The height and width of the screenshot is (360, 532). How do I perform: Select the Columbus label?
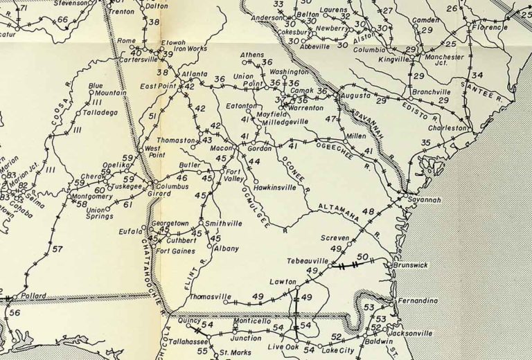pos(172,186)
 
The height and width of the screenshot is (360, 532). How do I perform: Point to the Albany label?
pos(226,249)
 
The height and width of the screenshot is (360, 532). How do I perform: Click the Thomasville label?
pos(210,297)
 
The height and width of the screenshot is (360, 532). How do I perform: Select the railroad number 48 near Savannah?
pos(367,212)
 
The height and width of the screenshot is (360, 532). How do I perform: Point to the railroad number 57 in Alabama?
pos(57,249)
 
